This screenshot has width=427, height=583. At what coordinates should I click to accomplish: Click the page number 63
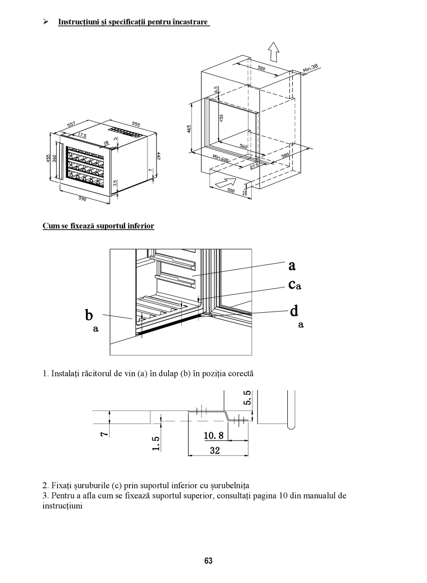click(x=208, y=561)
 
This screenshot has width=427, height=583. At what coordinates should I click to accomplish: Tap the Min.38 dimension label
click(x=310, y=68)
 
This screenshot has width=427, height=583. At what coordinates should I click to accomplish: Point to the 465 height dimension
click(x=189, y=129)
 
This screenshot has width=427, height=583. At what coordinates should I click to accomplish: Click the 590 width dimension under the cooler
click(x=82, y=198)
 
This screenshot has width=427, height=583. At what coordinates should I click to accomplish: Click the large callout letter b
click(x=89, y=315)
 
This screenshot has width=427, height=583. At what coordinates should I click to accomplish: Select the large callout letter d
click(x=294, y=310)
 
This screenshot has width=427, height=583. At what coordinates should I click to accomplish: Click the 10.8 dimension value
click(x=213, y=435)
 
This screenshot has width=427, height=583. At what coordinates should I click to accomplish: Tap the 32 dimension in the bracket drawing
click(x=215, y=450)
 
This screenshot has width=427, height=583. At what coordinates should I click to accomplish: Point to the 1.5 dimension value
click(x=156, y=442)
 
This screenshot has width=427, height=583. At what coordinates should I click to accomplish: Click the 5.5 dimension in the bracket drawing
click(x=247, y=398)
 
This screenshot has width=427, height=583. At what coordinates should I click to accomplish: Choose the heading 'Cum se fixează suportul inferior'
click(x=98, y=226)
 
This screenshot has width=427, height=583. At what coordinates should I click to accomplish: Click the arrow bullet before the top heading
click(x=45, y=22)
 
